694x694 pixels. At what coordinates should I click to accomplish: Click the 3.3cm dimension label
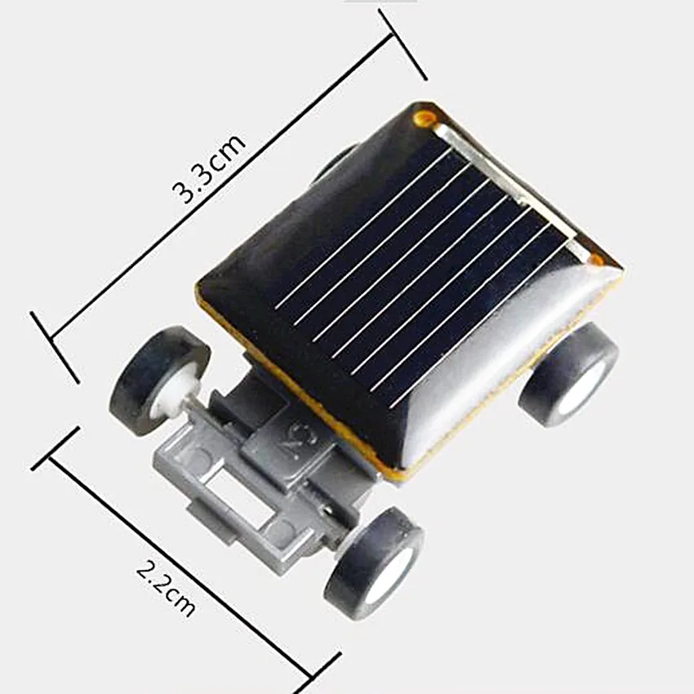coord(208,168)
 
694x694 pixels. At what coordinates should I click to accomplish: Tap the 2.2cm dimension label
coord(166,588)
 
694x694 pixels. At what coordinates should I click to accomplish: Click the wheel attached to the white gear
coord(159,381)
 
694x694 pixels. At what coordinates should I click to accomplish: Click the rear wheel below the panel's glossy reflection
coord(568,375)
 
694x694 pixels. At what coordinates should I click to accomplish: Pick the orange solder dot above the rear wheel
coord(597,260)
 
